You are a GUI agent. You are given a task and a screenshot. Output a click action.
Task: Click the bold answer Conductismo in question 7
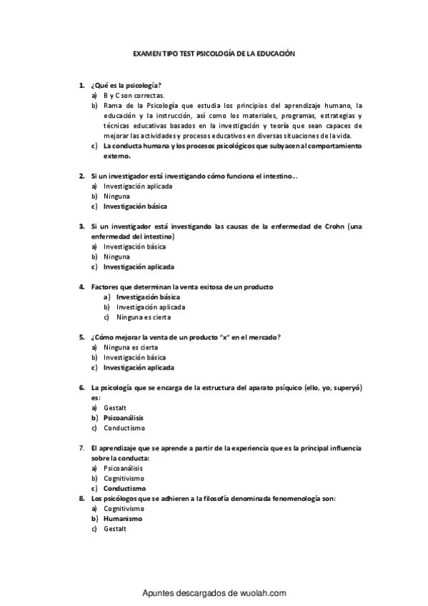tap(124, 488)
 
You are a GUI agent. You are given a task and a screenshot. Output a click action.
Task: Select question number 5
tap(82, 337)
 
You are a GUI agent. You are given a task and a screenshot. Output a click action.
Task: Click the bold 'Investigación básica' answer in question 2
tap(135, 206)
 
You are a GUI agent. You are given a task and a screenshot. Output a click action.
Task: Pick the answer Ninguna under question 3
tap(116, 257)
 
